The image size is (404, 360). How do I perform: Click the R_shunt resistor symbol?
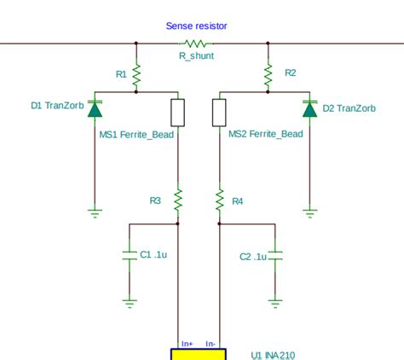[x=197, y=43]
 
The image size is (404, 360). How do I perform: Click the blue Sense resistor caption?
[x=196, y=26]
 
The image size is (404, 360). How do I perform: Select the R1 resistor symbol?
[x=136, y=77]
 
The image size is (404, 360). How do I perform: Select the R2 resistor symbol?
[x=268, y=77]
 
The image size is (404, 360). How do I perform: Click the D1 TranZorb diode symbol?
[x=94, y=108]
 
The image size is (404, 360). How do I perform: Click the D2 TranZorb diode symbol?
[x=309, y=108]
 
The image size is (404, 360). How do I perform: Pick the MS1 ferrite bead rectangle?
[x=177, y=112]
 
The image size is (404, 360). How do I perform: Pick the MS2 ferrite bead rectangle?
[x=220, y=112]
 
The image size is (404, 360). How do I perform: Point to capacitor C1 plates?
[x=130, y=256]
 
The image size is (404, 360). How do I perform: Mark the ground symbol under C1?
[x=130, y=300]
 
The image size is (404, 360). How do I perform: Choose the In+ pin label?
[x=187, y=343]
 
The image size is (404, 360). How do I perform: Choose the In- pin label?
[x=211, y=343]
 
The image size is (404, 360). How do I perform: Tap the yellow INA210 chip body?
[x=199, y=354]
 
